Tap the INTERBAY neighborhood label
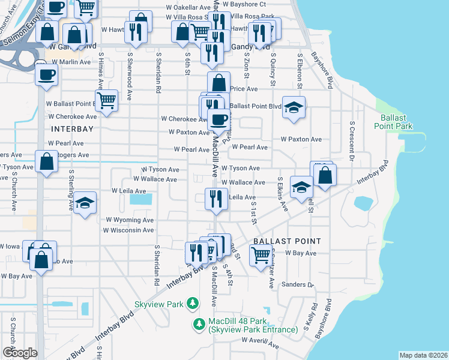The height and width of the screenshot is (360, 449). click(x=71, y=129)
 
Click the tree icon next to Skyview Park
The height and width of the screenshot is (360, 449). click(x=192, y=304)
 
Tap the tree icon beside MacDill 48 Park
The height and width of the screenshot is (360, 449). click(x=199, y=324)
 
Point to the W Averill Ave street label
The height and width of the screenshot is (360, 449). click(x=261, y=342)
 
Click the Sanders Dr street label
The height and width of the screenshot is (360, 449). click(x=297, y=285)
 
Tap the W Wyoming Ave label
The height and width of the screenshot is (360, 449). click(x=130, y=220)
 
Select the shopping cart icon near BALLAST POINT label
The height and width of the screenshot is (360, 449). click(x=260, y=255)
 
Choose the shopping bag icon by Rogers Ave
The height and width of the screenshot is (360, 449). click(x=46, y=161)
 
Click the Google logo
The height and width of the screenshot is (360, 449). click(x=20, y=352)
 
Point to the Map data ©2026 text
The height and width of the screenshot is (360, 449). click(x=423, y=355)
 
